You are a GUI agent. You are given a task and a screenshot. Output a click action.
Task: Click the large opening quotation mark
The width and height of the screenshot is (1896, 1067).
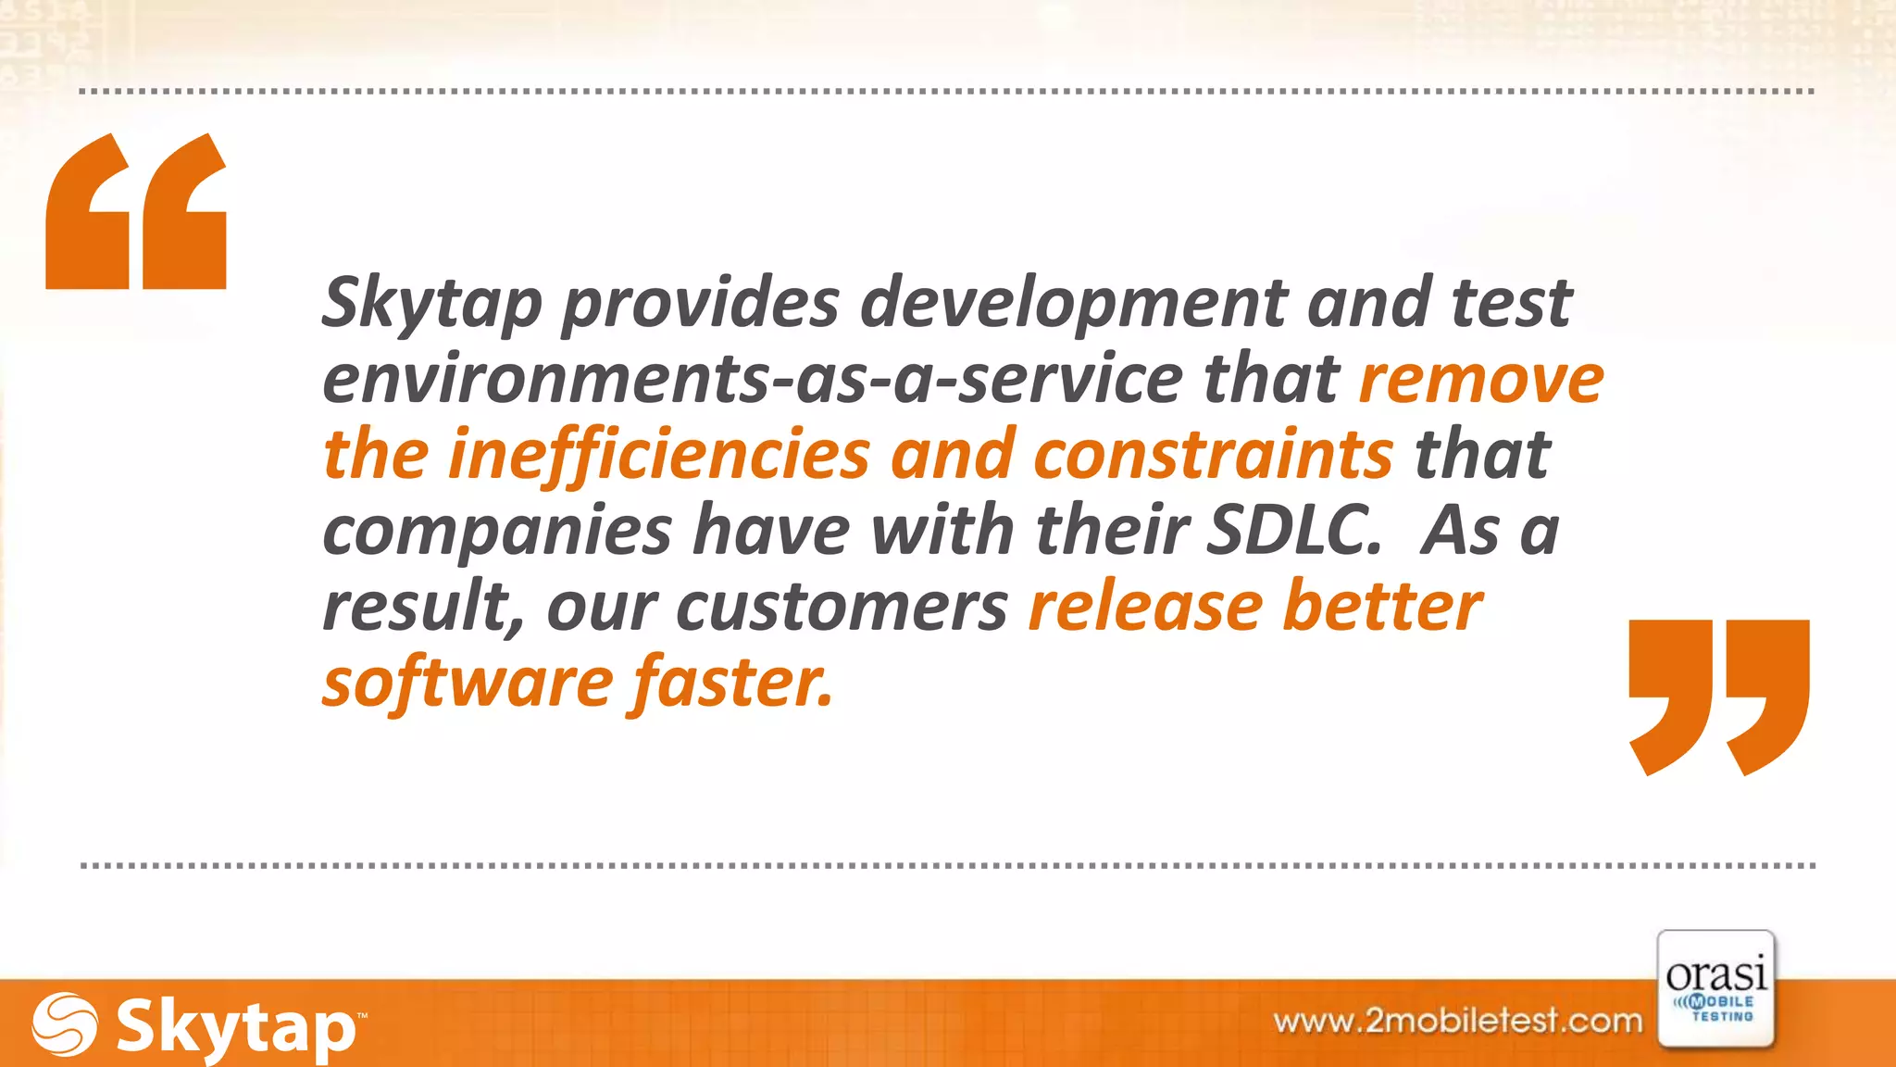pos(136,211)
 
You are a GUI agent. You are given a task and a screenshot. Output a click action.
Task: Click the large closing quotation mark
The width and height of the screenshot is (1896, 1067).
pos(1718,697)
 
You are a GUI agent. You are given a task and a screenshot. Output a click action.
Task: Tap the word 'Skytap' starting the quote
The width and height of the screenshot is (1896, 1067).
pos(431,304)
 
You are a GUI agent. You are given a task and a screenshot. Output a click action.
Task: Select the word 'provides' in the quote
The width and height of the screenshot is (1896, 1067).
pos(701,304)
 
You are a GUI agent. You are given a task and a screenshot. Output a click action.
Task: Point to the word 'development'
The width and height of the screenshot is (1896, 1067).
pos(1074,304)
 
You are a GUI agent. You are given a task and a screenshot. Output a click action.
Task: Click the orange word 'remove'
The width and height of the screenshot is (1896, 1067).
pos(1481,380)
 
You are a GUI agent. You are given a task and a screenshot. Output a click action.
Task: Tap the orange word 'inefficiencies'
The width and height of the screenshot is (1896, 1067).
pos(659,456)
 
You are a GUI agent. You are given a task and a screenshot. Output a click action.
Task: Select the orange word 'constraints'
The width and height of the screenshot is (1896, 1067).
pos(1213,456)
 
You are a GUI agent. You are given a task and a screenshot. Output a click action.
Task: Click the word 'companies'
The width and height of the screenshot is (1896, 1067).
pos(497,532)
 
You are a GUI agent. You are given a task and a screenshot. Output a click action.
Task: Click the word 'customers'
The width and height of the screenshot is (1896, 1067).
pos(842,608)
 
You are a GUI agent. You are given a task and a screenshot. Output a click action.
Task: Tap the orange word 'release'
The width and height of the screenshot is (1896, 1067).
pos(1146,608)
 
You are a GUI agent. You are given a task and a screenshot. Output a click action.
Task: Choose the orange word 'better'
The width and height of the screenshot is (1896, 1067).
pos(1383,608)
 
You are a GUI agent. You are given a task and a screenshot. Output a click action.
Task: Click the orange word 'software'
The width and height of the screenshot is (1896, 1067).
pos(468,684)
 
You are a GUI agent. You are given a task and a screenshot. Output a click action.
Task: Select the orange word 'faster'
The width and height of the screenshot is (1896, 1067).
pos(731,684)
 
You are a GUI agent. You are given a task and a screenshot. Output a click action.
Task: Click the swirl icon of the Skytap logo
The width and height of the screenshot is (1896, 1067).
pos(65,1024)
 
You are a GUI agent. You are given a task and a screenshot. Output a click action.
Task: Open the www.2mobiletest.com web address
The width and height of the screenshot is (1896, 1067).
pos(1458,1021)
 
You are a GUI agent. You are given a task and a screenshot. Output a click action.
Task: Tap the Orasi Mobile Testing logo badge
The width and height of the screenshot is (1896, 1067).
pos(1716,989)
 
